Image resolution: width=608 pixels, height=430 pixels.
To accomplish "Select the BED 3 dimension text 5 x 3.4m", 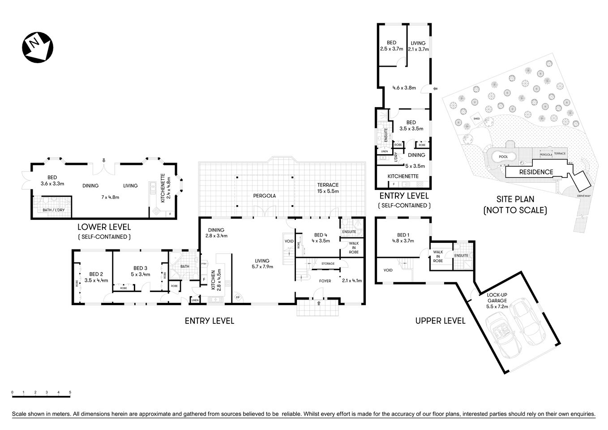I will click(140, 274).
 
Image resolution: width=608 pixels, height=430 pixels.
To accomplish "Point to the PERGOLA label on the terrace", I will click(265, 196).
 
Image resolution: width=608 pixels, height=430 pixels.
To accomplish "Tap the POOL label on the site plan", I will click(503, 157).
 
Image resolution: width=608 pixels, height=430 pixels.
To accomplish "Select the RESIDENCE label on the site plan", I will click(536, 172).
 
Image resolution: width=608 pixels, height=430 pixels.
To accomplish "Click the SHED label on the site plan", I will click(476, 118).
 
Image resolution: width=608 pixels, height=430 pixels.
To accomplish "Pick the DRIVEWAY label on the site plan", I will click(583, 196).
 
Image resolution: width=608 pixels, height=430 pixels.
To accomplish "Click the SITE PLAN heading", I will click(515, 199).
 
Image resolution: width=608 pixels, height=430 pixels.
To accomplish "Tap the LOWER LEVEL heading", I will click(104, 227).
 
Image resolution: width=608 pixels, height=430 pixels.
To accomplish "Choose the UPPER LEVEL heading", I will click(440, 321).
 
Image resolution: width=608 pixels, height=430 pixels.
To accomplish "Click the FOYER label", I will click(325, 281).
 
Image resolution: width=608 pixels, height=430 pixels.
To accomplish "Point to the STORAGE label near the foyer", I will click(328, 264).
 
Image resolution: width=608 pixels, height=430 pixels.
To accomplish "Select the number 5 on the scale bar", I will click(70, 392).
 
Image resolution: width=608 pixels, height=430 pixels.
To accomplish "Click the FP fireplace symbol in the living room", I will click(237, 297).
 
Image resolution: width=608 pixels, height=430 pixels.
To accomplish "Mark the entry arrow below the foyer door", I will click(318, 303).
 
